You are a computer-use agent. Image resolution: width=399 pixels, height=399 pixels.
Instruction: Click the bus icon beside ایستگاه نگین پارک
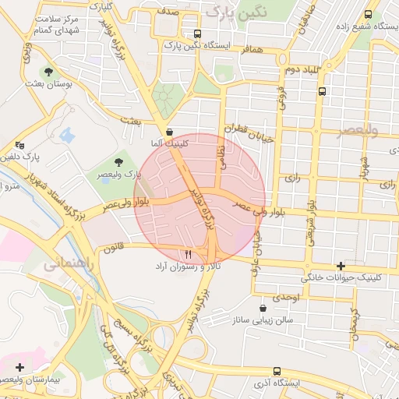pyautogui.click(x=197, y=34)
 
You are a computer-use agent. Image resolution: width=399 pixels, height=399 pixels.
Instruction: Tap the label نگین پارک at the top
pyautogui.click(x=239, y=11)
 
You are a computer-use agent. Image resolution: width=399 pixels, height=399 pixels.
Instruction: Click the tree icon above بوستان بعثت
pyautogui.click(x=48, y=71)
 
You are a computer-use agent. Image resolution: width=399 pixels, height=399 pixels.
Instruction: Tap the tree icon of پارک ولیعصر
pyautogui.click(x=118, y=162)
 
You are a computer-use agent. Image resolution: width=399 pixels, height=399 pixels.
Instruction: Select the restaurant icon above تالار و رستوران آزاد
pyautogui.click(x=187, y=255)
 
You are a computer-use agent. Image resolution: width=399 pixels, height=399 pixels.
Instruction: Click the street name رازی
pyautogui.click(x=293, y=178)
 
